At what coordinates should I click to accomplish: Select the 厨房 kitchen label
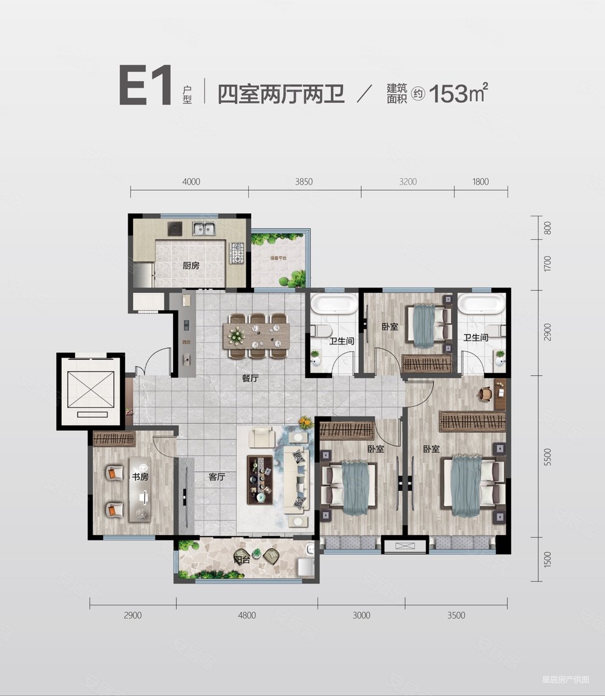[191, 265]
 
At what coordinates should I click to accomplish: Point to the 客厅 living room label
[217, 477]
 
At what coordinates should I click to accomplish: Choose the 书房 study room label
[140, 477]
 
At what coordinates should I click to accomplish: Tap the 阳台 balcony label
[241, 560]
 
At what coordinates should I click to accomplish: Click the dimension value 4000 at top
[190, 182]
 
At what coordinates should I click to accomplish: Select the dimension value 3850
[304, 182]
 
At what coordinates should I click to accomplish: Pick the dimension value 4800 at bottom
[247, 615]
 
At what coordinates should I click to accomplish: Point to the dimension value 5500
[548, 456]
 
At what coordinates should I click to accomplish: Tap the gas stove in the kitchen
[235, 253]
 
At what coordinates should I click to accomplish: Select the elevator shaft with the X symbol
[90, 391]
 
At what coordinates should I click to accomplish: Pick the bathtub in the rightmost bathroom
[480, 305]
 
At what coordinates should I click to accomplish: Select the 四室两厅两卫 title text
[281, 95]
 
